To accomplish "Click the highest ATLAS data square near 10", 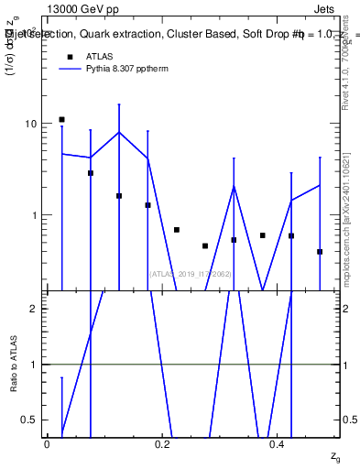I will point(61,119).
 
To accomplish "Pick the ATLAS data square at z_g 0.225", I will point(176,230).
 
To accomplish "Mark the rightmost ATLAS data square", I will point(320,252).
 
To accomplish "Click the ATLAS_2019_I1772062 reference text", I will point(190,273).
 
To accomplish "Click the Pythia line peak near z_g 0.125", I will point(119,132).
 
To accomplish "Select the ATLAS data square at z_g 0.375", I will point(262,235).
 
